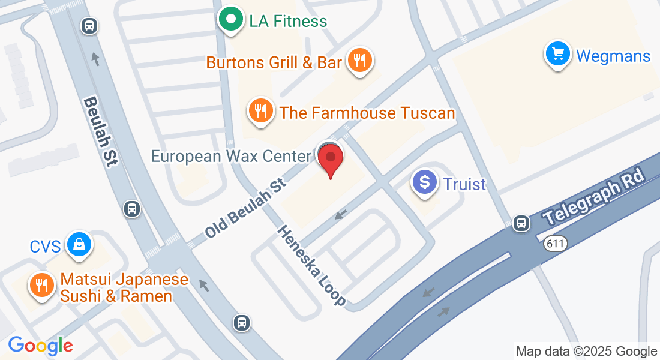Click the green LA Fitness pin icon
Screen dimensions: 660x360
click(x=230, y=20)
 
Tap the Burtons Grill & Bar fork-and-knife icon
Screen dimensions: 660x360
click(x=359, y=60)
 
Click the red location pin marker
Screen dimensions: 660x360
click(x=331, y=160)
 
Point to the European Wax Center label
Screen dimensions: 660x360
click(x=231, y=157)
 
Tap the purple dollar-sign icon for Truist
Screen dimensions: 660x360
click(x=426, y=181)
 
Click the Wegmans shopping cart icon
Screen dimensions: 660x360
click(x=558, y=55)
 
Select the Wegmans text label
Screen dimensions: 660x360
click(x=613, y=56)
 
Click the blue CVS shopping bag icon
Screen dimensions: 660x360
click(x=79, y=244)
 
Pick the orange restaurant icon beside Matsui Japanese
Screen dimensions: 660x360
click(x=41, y=286)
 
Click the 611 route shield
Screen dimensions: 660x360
click(x=557, y=244)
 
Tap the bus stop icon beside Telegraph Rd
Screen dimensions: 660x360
click(x=522, y=223)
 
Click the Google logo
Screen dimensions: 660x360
click(x=40, y=346)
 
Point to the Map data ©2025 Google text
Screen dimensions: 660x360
click(x=586, y=352)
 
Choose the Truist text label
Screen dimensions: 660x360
click(x=464, y=184)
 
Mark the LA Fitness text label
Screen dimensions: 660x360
click(x=288, y=22)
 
